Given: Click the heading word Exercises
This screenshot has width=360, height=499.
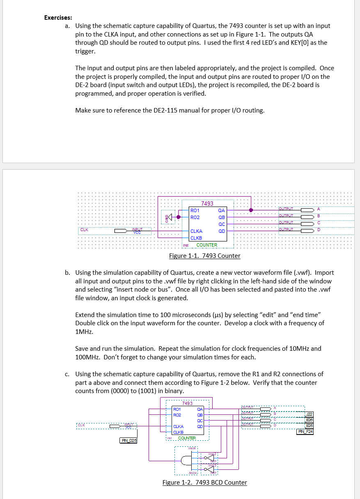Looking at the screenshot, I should click(58, 18).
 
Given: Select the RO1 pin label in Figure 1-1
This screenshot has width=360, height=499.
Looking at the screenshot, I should click(195, 210).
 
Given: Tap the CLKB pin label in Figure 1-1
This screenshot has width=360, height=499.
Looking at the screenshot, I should click(196, 238).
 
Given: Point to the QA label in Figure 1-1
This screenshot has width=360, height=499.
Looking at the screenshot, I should click(222, 210).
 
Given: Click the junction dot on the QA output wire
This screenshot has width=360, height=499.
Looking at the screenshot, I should click(251, 210).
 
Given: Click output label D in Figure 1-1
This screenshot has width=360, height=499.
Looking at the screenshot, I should click(319, 230).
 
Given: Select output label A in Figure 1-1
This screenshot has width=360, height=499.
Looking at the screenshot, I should click(319, 209).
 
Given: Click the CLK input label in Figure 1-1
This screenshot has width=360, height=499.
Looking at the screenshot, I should click(84, 230).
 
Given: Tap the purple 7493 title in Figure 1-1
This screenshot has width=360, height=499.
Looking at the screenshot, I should click(207, 203).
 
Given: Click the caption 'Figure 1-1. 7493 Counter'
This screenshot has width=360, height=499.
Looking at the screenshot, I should click(205, 256).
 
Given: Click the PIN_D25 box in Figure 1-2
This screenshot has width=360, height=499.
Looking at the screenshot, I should click(128, 441).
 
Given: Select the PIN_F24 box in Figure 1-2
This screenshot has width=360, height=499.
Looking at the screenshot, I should click(305, 431).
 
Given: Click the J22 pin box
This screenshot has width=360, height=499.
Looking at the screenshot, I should click(309, 414).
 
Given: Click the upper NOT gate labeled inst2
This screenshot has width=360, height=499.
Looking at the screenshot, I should click(210, 457).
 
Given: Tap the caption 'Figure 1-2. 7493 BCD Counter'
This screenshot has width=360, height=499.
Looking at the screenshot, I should click(205, 483).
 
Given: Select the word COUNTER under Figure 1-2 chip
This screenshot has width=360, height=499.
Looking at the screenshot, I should click(187, 438).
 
